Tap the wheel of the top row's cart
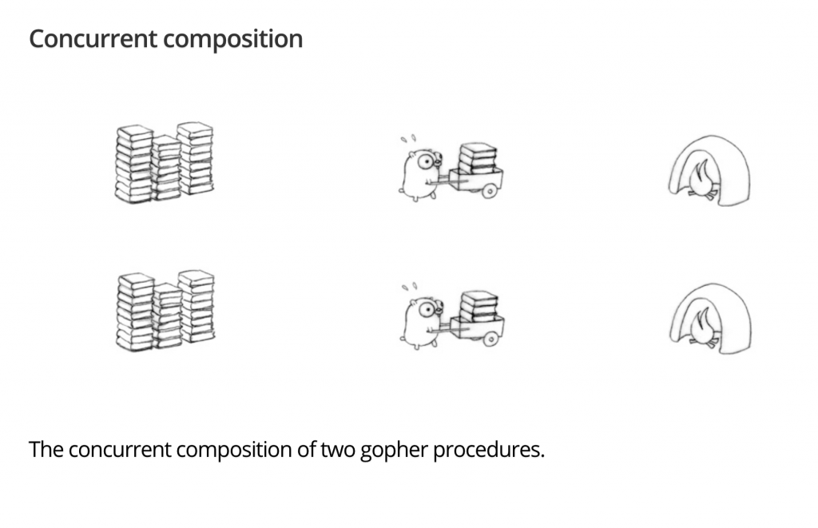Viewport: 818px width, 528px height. [x=490, y=191]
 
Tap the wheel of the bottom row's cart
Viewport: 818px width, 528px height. [x=490, y=339]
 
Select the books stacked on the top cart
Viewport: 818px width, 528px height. [x=478, y=158]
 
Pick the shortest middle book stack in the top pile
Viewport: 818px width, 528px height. [x=166, y=168]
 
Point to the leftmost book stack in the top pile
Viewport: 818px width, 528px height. [x=134, y=164]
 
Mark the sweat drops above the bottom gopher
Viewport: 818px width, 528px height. [x=408, y=285]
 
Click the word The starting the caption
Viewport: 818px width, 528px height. [x=46, y=450]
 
